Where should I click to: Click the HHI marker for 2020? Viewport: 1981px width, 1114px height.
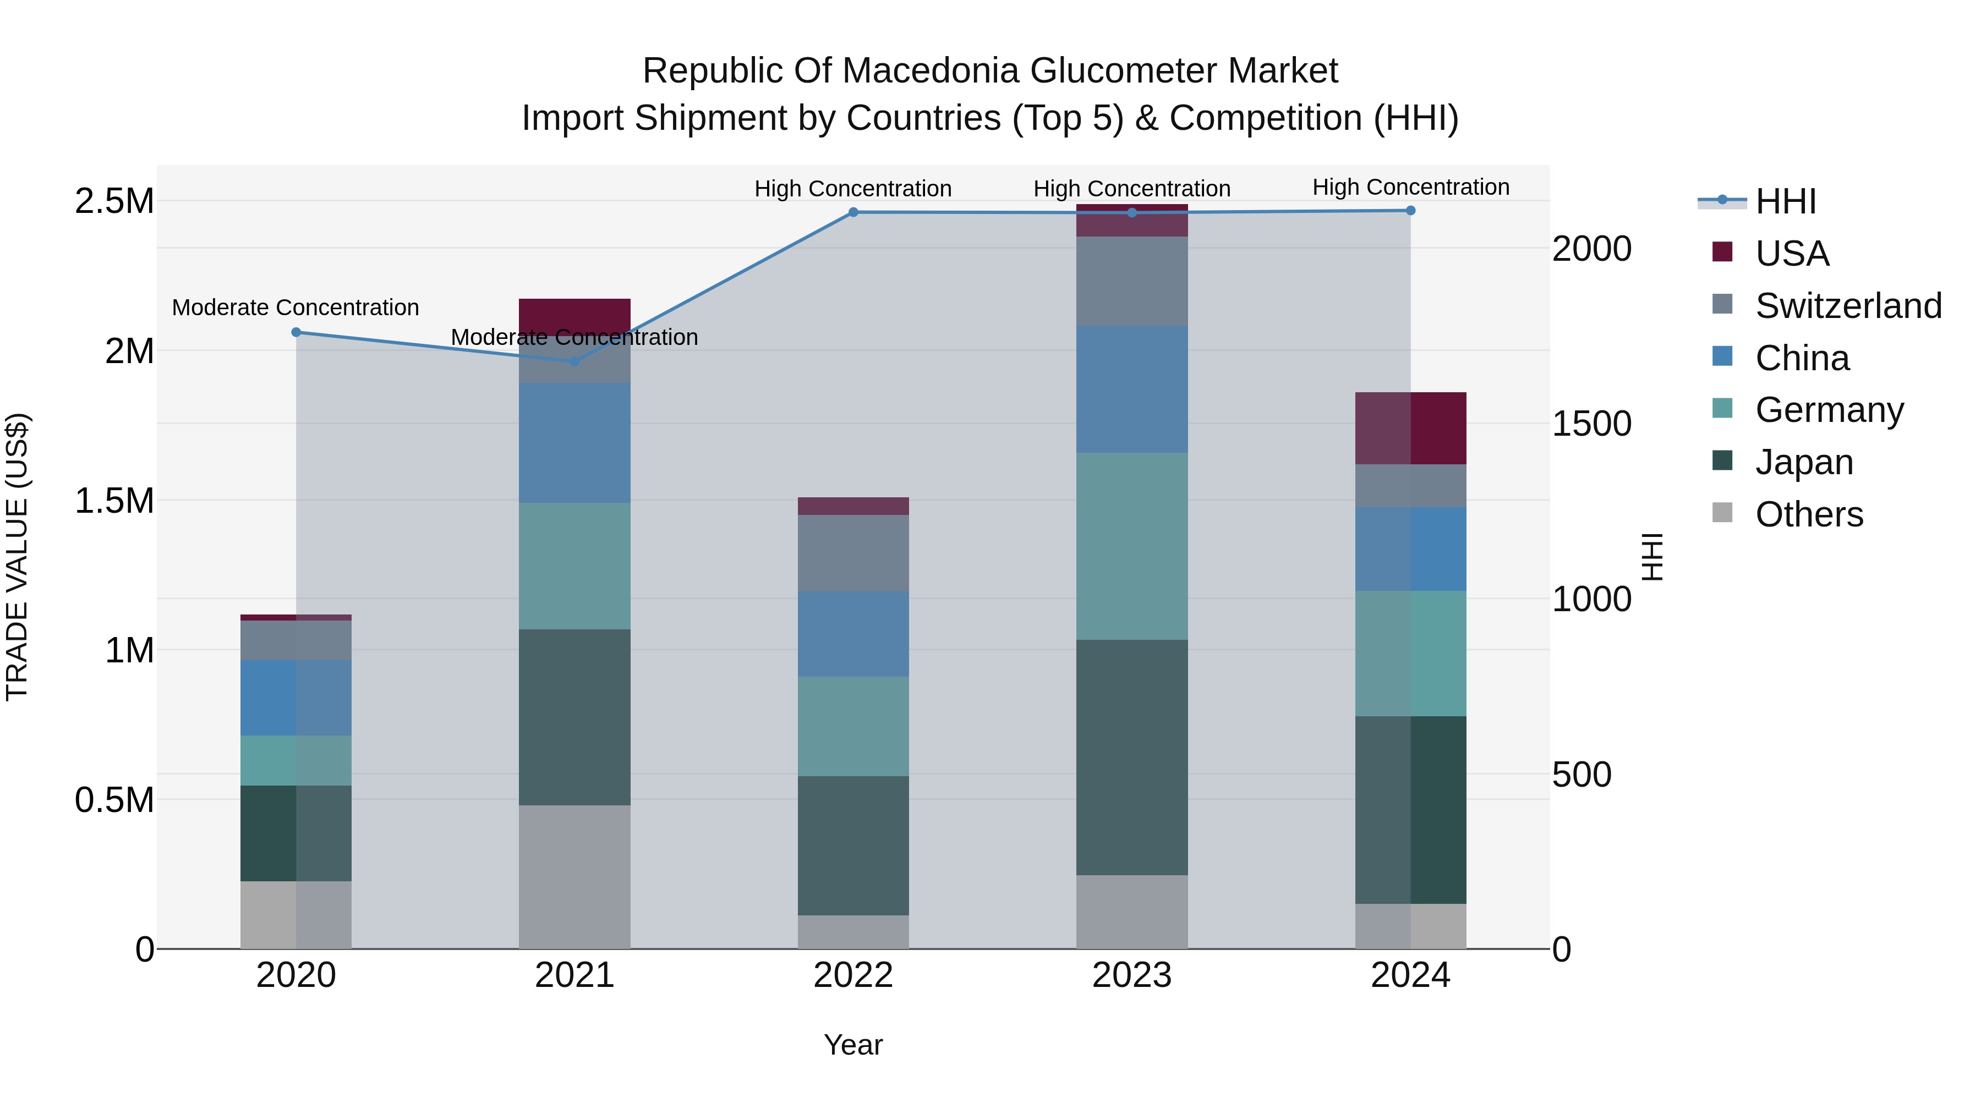pos(296,332)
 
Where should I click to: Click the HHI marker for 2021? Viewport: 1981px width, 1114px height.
pos(574,360)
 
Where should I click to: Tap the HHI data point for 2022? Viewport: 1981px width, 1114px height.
pos(853,212)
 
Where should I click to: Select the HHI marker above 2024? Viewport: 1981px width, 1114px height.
pos(1410,211)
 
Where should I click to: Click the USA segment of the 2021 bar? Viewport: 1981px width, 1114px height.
pos(574,315)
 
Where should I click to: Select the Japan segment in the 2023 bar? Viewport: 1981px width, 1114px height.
pos(1131,758)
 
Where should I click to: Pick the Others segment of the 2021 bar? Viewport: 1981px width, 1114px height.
pos(574,876)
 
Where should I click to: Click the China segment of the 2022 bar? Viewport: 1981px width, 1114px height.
pos(853,634)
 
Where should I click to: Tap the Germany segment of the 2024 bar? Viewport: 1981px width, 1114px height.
pos(1410,654)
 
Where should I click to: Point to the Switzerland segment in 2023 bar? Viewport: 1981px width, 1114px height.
pos(1131,281)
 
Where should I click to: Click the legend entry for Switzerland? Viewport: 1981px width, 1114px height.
pos(1848,306)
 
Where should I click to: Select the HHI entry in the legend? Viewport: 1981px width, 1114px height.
pos(1785,201)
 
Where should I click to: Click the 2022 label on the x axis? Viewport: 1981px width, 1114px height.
pos(853,975)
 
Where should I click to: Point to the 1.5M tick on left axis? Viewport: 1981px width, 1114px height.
pos(114,501)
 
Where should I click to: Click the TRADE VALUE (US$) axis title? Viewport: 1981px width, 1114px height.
pos(17,557)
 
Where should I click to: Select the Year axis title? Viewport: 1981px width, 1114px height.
pos(853,1045)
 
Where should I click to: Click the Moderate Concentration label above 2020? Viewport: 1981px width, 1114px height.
pos(295,308)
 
